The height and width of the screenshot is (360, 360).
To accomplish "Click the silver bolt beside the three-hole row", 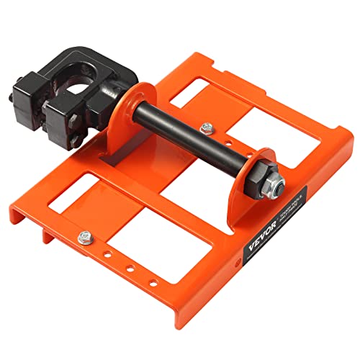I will [x=86, y=235].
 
